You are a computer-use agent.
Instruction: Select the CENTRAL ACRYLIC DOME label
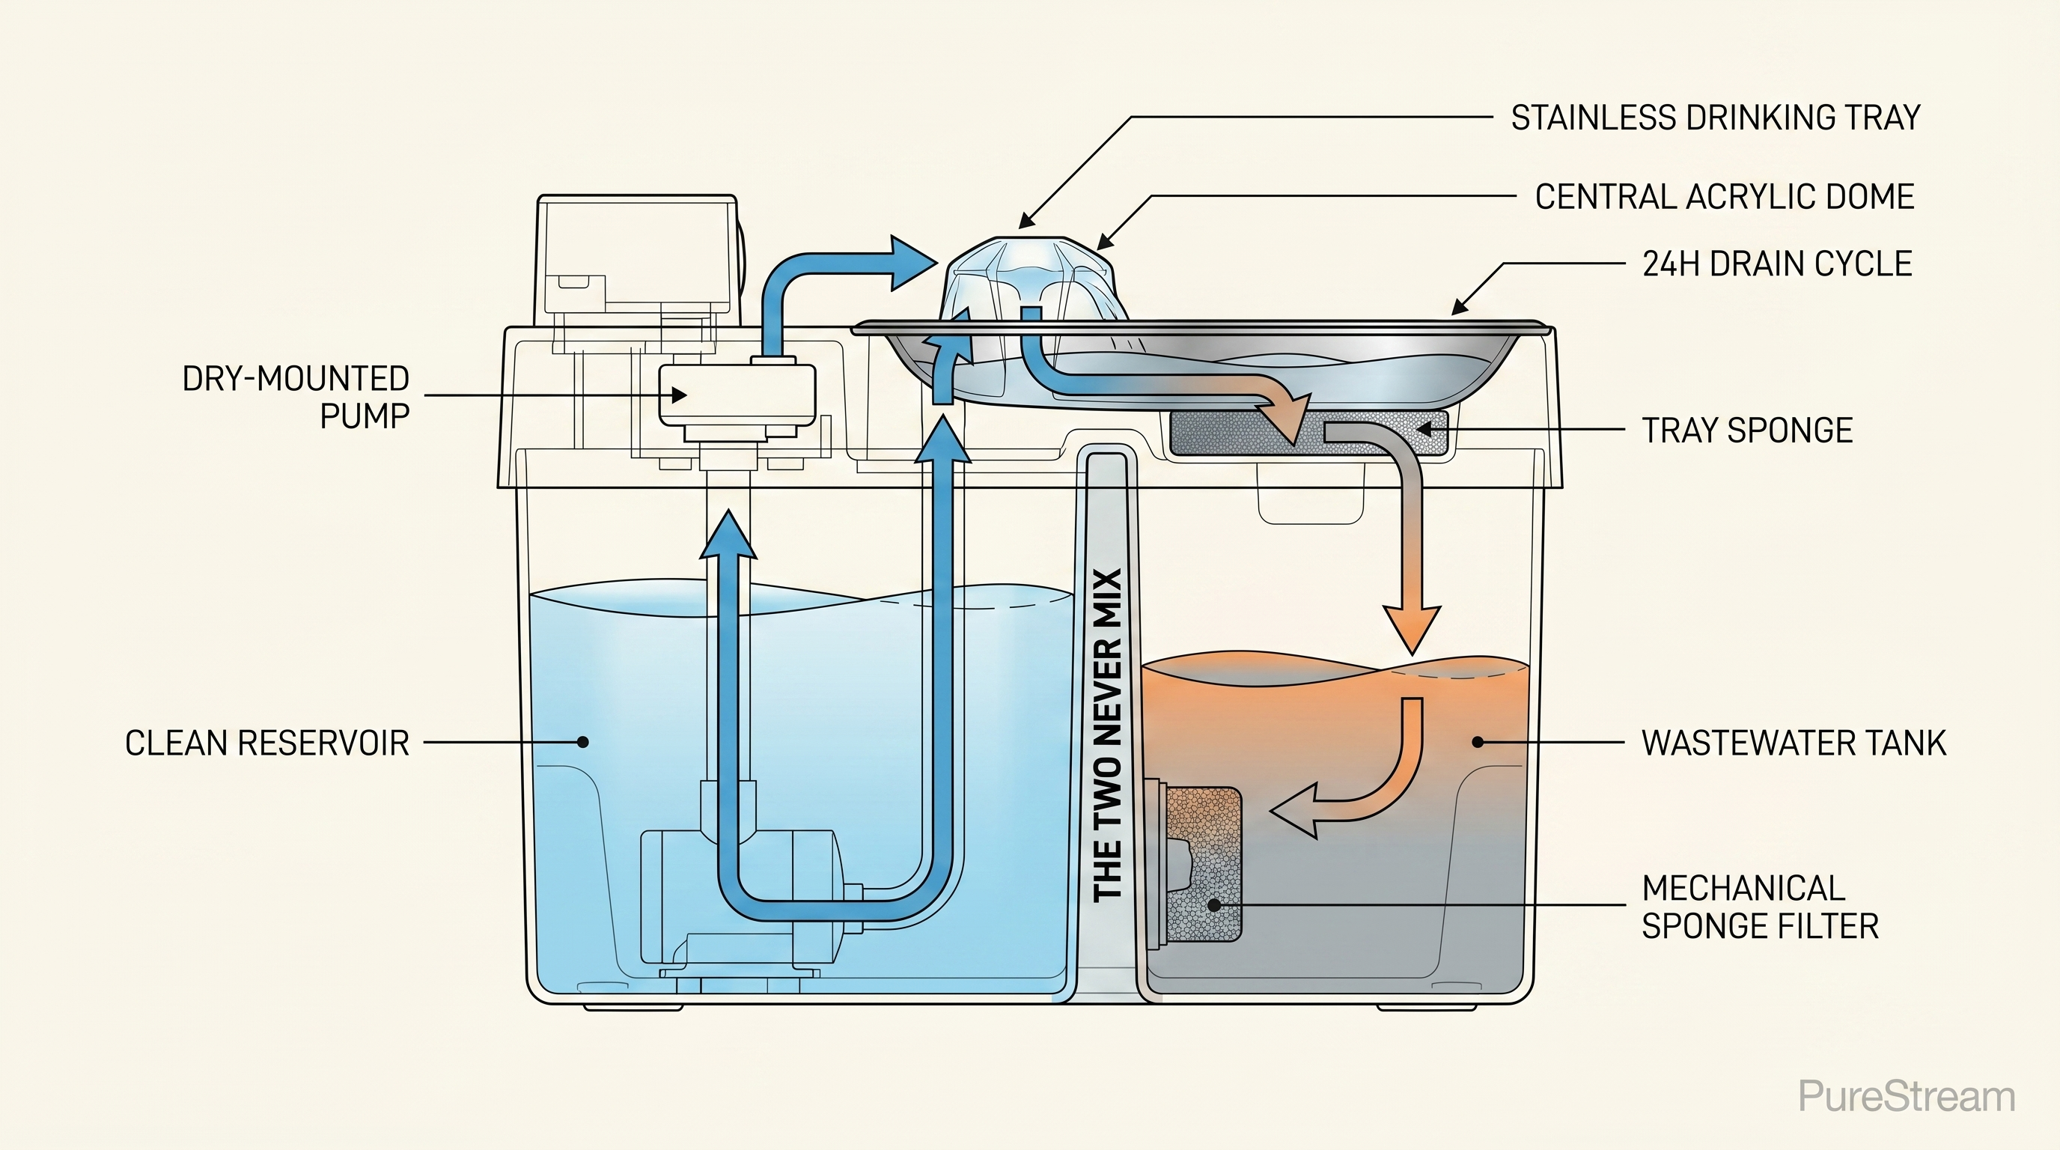(1724, 197)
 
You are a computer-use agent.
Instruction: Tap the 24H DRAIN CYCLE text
(1777, 264)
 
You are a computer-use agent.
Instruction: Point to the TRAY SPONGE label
(1747, 431)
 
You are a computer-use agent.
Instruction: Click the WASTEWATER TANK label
(1793, 743)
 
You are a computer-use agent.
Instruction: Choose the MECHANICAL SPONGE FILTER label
(1759, 907)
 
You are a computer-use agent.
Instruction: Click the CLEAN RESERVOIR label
(267, 743)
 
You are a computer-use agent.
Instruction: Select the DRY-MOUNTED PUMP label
(296, 397)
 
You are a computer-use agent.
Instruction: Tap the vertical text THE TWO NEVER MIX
(1108, 734)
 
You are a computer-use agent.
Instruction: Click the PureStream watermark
(1906, 1095)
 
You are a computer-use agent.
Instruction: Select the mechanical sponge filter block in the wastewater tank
(1204, 864)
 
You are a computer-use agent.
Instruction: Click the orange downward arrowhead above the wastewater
(1413, 627)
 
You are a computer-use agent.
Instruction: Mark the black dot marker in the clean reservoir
(583, 742)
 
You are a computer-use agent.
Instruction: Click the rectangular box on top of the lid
(636, 256)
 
